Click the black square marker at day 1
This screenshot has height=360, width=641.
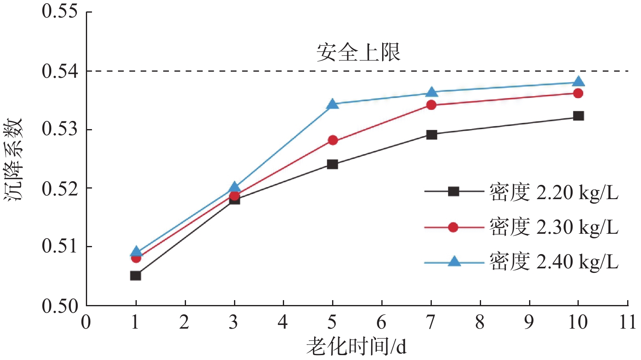[x=136, y=276]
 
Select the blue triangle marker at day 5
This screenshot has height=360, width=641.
[x=333, y=104]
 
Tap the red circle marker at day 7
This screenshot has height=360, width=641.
[x=431, y=105]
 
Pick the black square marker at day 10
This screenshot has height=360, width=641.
[x=578, y=116]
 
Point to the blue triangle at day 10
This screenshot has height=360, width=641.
[x=578, y=82]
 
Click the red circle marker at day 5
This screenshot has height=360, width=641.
[x=333, y=140]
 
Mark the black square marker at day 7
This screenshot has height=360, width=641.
[x=431, y=135]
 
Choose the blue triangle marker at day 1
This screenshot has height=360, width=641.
[x=136, y=252]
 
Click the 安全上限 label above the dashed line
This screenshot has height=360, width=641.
[x=358, y=53]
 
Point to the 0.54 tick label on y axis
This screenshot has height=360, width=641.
[x=59, y=71]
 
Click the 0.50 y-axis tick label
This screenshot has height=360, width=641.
[x=59, y=306]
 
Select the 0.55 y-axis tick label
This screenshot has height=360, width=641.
[x=59, y=11]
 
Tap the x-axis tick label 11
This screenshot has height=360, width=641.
[x=627, y=323]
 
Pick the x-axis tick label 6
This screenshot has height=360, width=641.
[x=381, y=323]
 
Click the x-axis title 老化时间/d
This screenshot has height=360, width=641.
[x=356, y=347]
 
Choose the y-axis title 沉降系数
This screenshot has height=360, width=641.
[x=13, y=159]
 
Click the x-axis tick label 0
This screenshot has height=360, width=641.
[x=86, y=323]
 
